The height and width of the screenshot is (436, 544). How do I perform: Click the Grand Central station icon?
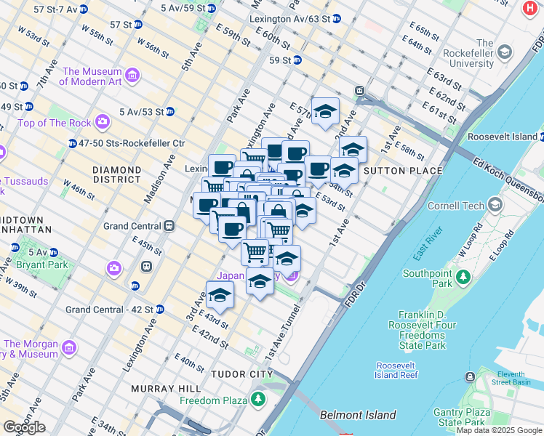pos(169,226)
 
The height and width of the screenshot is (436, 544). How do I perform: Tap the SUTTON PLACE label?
pos(403,171)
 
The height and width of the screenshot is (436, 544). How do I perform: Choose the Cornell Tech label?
pos(455,206)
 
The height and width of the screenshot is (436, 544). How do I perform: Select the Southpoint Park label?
pos(428,279)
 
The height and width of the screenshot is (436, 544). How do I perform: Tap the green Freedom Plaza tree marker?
pos(258,399)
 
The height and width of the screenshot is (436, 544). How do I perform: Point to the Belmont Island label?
pos(358,416)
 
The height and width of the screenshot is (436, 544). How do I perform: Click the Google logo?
pos(24,427)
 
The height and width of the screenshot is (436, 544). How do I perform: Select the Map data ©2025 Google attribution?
pos(499,430)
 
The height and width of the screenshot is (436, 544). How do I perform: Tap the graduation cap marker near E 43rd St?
pos(220,296)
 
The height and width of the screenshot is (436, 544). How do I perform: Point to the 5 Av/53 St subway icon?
pos(169,111)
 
